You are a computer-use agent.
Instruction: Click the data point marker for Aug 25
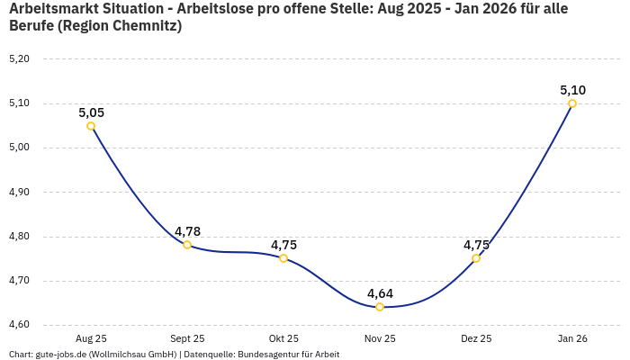click(91, 126)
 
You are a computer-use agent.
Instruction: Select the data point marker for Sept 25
click(187, 245)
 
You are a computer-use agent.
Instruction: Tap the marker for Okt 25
click(283, 258)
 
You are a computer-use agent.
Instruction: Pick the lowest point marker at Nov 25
click(380, 307)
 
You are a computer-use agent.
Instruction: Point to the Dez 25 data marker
click(476, 258)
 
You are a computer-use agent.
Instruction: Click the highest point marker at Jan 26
click(572, 103)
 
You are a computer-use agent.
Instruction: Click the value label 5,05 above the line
click(91, 112)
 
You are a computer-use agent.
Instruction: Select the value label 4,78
click(187, 231)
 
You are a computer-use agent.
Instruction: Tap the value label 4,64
click(380, 293)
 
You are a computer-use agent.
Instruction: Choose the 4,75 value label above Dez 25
click(476, 245)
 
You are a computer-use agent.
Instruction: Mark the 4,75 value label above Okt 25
click(283, 245)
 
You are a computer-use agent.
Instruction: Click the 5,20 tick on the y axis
click(19, 59)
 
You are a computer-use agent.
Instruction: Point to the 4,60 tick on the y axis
click(19, 325)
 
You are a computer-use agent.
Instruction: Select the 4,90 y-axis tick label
click(19, 192)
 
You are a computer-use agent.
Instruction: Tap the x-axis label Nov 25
click(380, 338)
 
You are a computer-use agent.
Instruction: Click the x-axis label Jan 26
click(572, 338)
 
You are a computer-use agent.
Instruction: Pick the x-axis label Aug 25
click(91, 338)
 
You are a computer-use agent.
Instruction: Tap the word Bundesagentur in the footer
click(267, 355)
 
